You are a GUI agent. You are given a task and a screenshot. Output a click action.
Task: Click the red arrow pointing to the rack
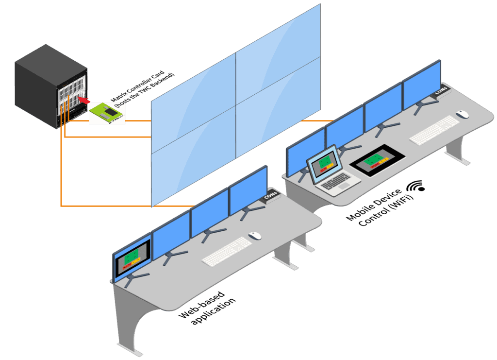tap(84, 100)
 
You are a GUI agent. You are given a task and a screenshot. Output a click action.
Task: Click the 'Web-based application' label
tap(207, 308)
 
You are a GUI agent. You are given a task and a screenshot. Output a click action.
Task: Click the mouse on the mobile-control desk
tap(463, 115)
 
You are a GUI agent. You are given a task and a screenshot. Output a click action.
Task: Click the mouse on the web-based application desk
tap(255, 236)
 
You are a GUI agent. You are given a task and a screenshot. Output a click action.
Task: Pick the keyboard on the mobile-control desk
tap(433, 130)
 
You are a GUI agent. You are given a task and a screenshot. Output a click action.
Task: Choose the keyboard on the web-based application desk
tap(227, 251)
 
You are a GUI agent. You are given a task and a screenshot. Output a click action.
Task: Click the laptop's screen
tap(325, 164)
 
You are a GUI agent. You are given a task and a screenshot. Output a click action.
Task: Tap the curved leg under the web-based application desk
tap(131, 326)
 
